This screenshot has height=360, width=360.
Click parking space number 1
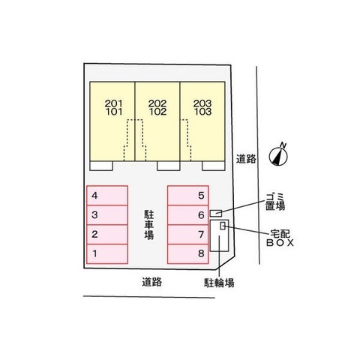click(107, 254)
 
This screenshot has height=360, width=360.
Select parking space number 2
click(107, 235)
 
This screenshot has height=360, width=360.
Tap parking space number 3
click(107, 215)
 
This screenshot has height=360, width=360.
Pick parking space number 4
click(107, 196)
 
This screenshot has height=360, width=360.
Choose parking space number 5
click(188, 196)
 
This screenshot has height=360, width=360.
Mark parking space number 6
click(188, 215)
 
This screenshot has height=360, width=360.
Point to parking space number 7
click(188, 235)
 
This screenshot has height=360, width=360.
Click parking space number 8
click(188, 254)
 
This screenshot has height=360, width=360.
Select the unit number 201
click(114, 103)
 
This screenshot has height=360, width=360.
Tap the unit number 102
click(158, 112)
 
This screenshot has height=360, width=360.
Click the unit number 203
click(202, 103)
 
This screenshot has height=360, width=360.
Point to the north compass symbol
click(278, 155)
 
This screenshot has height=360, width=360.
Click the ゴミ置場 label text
click(275, 202)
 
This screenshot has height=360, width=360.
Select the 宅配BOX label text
click(280, 238)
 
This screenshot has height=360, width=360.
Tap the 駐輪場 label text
click(219, 283)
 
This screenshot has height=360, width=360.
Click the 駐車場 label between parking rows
click(149, 225)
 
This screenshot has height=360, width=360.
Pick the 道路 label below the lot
click(152, 282)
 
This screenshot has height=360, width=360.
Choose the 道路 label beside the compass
click(246, 159)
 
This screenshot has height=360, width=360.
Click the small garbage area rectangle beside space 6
click(216, 213)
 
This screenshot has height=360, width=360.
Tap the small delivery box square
click(223, 226)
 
